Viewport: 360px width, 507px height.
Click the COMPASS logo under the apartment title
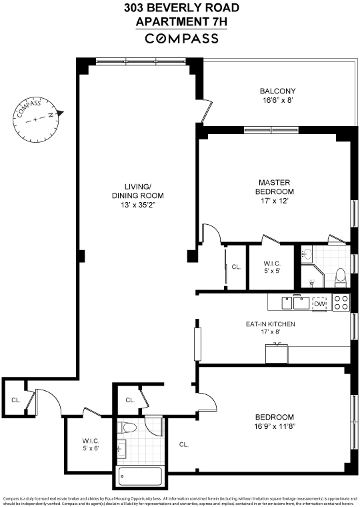point(181,39)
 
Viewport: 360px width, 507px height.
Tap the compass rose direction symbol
point(39,117)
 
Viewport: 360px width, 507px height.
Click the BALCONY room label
point(277,91)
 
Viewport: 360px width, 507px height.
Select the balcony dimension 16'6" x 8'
point(277,101)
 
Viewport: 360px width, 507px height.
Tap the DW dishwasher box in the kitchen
point(320,304)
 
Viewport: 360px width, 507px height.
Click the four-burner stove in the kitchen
point(341,303)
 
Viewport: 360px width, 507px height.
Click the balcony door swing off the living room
point(208,107)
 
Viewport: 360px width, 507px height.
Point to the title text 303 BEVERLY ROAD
point(181,8)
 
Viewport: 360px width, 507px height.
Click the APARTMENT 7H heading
point(181,21)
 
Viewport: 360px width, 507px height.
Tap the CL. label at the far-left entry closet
point(15,400)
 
